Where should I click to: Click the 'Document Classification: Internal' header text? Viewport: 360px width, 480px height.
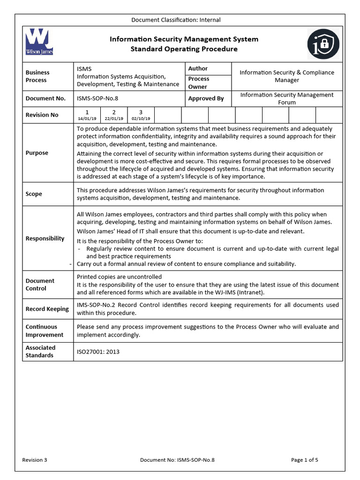click(x=176, y=20)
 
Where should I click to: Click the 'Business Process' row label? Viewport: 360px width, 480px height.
click(x=37, y=76)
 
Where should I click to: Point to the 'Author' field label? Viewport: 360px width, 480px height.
click(x=198, y=68)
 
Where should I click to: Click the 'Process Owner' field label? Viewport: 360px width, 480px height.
click(x=199, y=82)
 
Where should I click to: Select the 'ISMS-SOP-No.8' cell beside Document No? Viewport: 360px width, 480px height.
click(x=97, y=98)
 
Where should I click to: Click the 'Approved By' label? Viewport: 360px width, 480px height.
click(x=206, y=98)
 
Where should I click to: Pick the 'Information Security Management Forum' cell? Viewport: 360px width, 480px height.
click(x=287, y=98)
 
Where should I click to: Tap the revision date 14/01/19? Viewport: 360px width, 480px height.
click(x=87, y=119)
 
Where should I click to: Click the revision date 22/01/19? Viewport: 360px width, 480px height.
click(x=114, y=119)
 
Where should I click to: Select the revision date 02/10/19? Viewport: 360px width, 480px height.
click(x=141, y=119)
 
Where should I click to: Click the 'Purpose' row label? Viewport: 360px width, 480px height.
click(x=37, y=153)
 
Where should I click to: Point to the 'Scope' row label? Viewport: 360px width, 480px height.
click(x=34, y=194)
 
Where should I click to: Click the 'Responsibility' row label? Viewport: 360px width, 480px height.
click(x=45, y=238)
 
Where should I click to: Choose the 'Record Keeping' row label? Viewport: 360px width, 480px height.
click(x=47, y=309)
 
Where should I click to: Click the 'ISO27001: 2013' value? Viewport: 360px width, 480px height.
click(x=98, y=352)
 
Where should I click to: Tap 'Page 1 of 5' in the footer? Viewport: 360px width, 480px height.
click(x=304, y=460)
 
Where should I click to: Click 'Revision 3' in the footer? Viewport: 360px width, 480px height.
click(x=35, y=460)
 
